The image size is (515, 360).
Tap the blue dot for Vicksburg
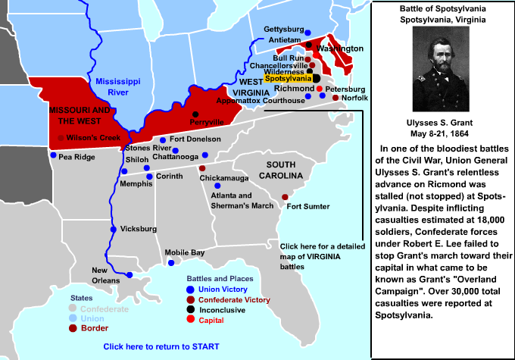113,229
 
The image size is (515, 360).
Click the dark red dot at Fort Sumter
285,197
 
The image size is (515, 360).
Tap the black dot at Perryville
195,114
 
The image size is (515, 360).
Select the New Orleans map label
105,276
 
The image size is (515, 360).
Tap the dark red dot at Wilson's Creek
61,138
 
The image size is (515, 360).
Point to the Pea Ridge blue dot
53,155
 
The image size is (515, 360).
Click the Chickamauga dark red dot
201,168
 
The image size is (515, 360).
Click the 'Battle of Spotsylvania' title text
443,8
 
